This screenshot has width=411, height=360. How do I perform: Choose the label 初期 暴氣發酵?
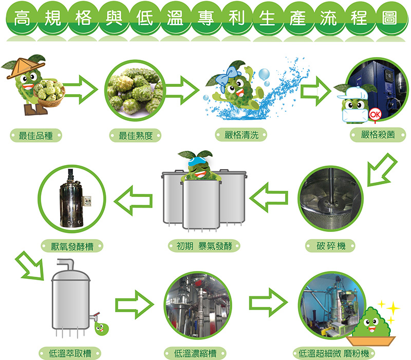coord(205,246)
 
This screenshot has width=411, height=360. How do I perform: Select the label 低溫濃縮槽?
coord(195,353)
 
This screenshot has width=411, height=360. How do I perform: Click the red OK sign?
coord(375,114)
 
